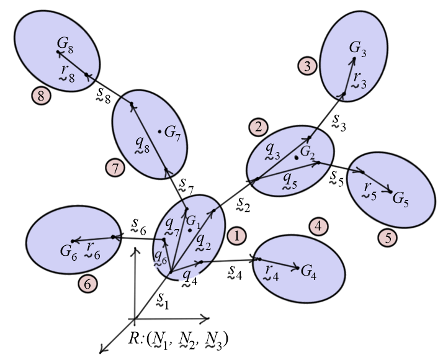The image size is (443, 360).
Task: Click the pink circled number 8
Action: point(41,96)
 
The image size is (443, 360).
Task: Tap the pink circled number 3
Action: point(307,66)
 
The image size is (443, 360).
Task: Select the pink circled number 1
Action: point(236,236)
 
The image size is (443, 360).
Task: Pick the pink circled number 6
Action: point(88,284)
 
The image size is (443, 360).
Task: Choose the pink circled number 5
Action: point(388,238)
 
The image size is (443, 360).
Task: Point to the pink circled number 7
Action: point(115,168)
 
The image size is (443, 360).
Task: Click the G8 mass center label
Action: point(65,44)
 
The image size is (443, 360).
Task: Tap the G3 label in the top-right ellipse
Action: point(357,48)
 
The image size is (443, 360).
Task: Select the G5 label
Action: point(401,199)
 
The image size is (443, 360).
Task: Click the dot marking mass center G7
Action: point(159,132)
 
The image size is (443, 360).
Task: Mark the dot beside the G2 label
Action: point(297,158)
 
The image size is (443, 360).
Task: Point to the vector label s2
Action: point(243,204)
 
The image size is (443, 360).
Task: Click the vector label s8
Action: point(103,95)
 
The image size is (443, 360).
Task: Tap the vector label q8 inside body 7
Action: point(142,145)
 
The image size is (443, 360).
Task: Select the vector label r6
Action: point(92,251)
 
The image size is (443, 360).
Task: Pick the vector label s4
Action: point(235,272)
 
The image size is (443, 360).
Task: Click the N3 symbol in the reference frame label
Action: point(215,340)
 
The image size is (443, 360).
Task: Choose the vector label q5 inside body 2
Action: point(289,181)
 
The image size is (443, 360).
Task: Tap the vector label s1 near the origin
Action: point(163,300)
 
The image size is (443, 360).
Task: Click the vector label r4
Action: point(271,273)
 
